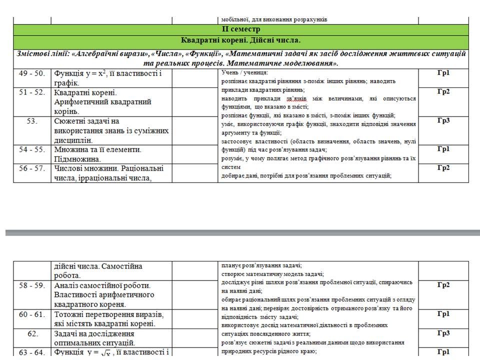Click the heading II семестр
pos(241,29)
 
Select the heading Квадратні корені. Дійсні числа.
pos(241,40)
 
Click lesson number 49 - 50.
pos(32,73)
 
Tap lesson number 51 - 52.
pos(32,92)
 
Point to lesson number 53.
pos(32,121)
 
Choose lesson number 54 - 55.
pos(32,149)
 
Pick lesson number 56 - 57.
pos(32,168)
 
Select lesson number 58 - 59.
pos(32,285)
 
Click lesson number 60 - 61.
pos(32,314)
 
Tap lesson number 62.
pos(32,333)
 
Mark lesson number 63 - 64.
pos(32,352)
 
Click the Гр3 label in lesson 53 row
pos(443,120)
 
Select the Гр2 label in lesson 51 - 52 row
pos(443,91)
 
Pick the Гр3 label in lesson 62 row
pos(443,333)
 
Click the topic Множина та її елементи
pos(97,149)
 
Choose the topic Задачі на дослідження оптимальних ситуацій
pos(94,338)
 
